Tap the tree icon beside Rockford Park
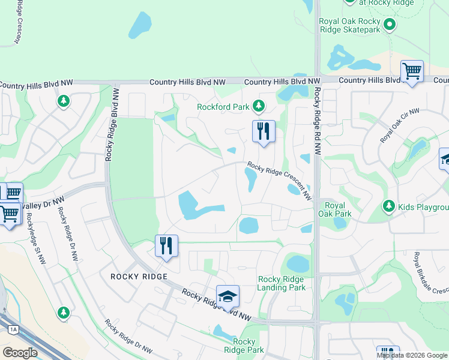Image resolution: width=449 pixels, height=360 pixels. click(x=259, y=106)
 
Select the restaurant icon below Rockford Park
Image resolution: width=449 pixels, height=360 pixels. click(x=263, y=131)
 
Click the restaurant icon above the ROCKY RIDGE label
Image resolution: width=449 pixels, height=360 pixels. click(x=166, y=245)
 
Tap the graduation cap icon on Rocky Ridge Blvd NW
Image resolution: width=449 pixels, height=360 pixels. click(x=228, y=296)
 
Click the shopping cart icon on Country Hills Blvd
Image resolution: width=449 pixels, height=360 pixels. click(x=412, y=71)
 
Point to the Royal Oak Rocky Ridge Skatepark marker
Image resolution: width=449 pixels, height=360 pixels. click(x=390, y=25)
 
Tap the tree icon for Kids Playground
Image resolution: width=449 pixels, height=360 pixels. click(x=389, y=207)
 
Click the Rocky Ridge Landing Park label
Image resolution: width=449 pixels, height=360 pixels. click(x=282, y=283)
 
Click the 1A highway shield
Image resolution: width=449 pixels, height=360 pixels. click(x=13, y=329)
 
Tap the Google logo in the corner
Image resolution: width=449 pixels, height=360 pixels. click(x=20, y=353)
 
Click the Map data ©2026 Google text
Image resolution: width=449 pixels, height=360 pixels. click(x=412, y=355)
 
